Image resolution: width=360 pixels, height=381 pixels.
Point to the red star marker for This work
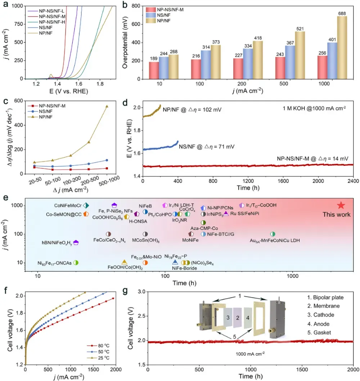(x=341, y=205)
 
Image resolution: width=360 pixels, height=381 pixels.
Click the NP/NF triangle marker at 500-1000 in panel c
(x=107, y=106)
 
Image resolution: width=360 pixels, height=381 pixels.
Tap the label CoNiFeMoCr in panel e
(x=67, y=205)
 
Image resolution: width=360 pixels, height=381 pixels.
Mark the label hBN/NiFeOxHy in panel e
(x=56, y=243)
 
